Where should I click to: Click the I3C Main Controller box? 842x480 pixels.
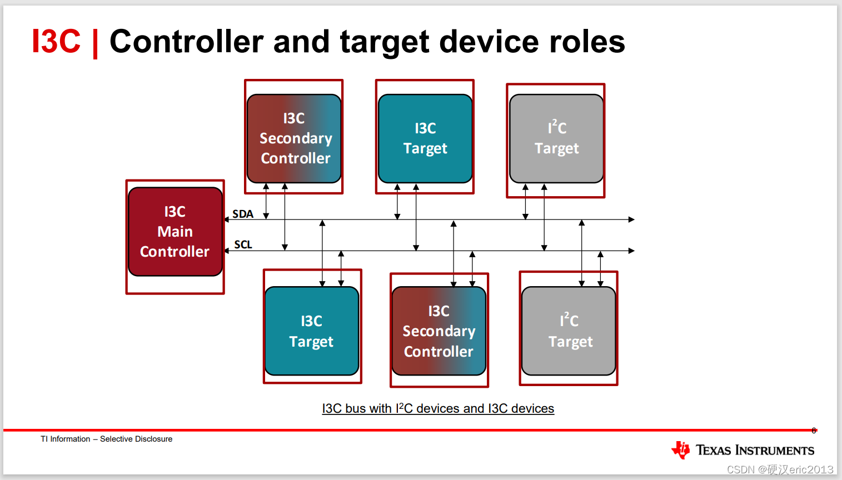(x=175, y=232)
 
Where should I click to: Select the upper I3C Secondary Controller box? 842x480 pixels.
(x=294, y=138)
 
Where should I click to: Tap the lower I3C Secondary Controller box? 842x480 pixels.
(x=439, y=331)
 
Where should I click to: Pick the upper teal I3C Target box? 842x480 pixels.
(x=425, y=138)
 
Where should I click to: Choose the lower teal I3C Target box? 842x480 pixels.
(x=312, y=331)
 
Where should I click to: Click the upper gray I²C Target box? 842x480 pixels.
(x=556, y=138)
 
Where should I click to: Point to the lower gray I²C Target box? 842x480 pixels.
(x=569, y=331)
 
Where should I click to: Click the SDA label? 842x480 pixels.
(x=243, y=214)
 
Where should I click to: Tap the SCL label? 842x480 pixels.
(x=243, y=244)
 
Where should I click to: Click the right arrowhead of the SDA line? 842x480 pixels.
(x=632, y=219)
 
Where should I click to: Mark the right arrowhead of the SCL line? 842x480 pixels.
(x=632, y=251)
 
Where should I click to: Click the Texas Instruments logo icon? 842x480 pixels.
(x=680, y=450)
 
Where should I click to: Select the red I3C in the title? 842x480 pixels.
(x=56, y=41)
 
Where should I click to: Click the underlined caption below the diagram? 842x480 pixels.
(x=438, y=408)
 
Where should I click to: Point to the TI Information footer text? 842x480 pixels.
(x=106, y=439)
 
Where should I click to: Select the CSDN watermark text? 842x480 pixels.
(x=780, y=469)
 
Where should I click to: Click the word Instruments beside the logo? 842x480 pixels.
(x=775, y=450)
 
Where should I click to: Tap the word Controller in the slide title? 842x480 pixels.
(x=186, y=41)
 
